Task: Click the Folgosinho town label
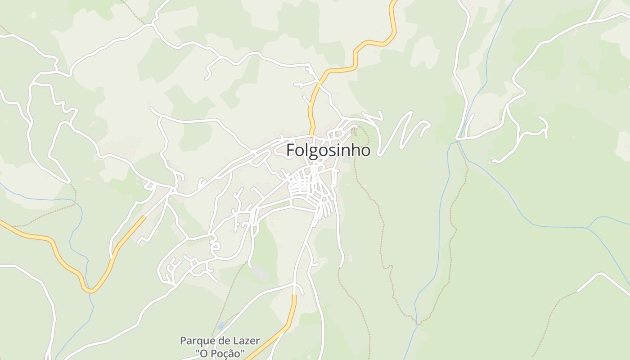[328, 150]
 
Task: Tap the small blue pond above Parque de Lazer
[220, 325]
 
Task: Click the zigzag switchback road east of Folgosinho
[400, 130]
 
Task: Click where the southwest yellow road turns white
[145, 217]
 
